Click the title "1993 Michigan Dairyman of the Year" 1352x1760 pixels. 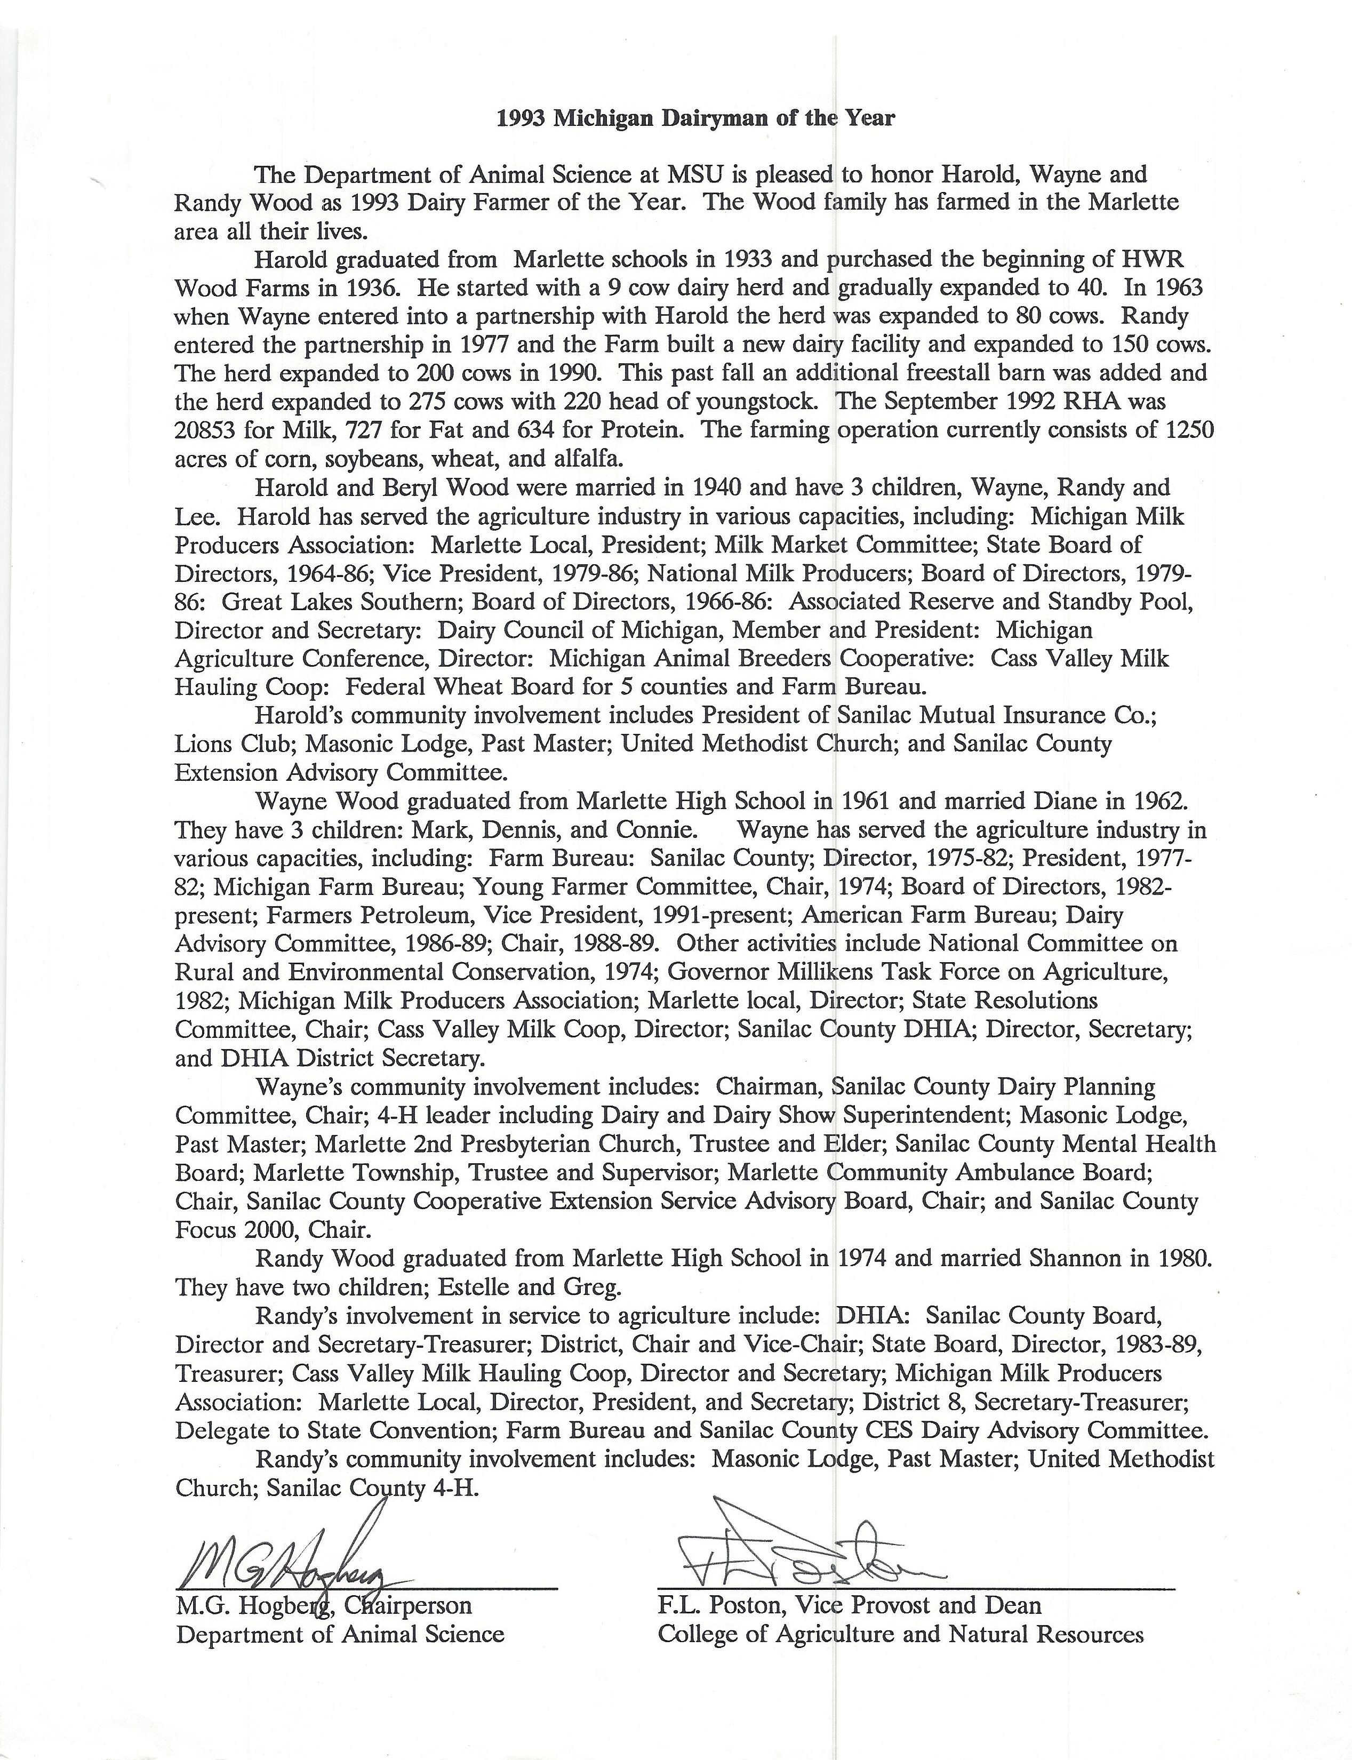(695, 118)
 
